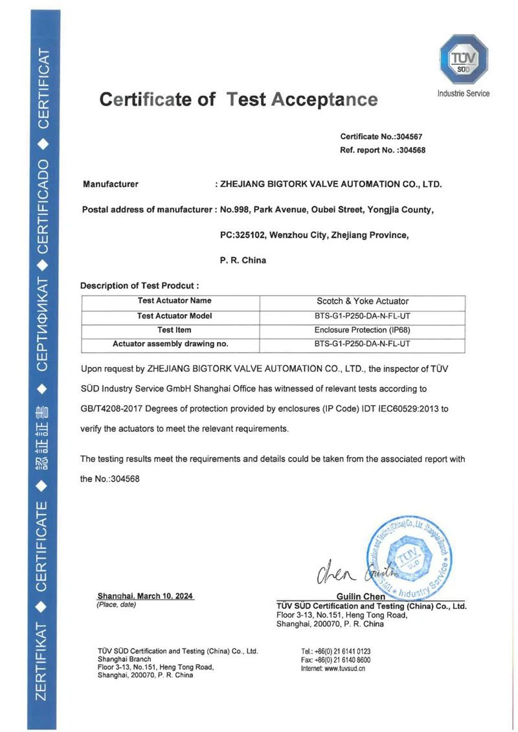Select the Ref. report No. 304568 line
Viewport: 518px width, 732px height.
tap(382, 150)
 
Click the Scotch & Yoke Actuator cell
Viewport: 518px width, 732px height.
tap(362, 301)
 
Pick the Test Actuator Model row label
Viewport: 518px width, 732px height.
tap(175, 316)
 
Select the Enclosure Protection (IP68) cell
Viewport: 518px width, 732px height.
tap(362, 330)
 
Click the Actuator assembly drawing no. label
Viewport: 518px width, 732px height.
tap(170, 344)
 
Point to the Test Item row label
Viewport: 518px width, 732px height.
tap(174, 330)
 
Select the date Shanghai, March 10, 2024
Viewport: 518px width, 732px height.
tap(145, 595)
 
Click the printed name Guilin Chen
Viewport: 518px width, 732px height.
tap(361, 596)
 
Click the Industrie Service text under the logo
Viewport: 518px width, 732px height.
tap(463, 94)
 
